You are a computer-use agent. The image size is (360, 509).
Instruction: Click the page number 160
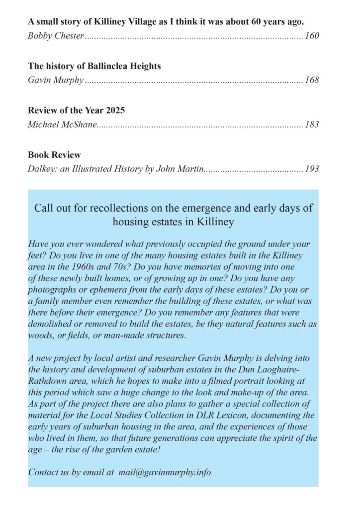click(312, 36)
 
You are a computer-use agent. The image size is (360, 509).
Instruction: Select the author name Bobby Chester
click(56, 36)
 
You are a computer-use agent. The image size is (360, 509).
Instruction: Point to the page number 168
click(312, 80)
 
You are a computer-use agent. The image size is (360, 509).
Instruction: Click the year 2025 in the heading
click(114, 110)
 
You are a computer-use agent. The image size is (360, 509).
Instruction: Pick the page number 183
click(312, 124)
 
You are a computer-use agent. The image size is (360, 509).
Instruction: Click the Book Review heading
click(54, 155)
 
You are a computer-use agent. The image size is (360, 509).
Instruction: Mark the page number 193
click(312, 169)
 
